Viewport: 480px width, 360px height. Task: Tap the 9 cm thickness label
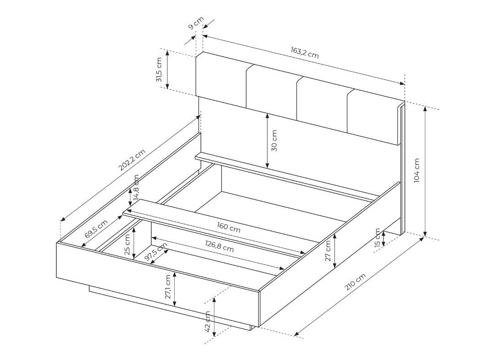(196, 23)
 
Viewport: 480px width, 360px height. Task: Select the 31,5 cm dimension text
(160, 70)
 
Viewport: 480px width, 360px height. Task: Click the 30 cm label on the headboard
(274, 141)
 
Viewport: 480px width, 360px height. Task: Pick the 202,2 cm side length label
(132, 160)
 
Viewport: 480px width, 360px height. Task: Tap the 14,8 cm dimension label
(137, 189)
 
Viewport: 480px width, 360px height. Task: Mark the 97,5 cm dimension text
(156, 253)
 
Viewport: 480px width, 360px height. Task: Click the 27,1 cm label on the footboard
(168, 287)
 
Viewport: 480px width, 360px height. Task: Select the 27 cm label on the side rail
(328, 251)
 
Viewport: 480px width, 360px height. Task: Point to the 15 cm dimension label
(377, 238)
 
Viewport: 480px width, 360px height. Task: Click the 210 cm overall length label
(355, 282)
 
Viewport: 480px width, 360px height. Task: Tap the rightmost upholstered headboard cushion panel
(374, 117)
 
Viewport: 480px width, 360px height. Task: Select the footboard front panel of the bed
(156, 284)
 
